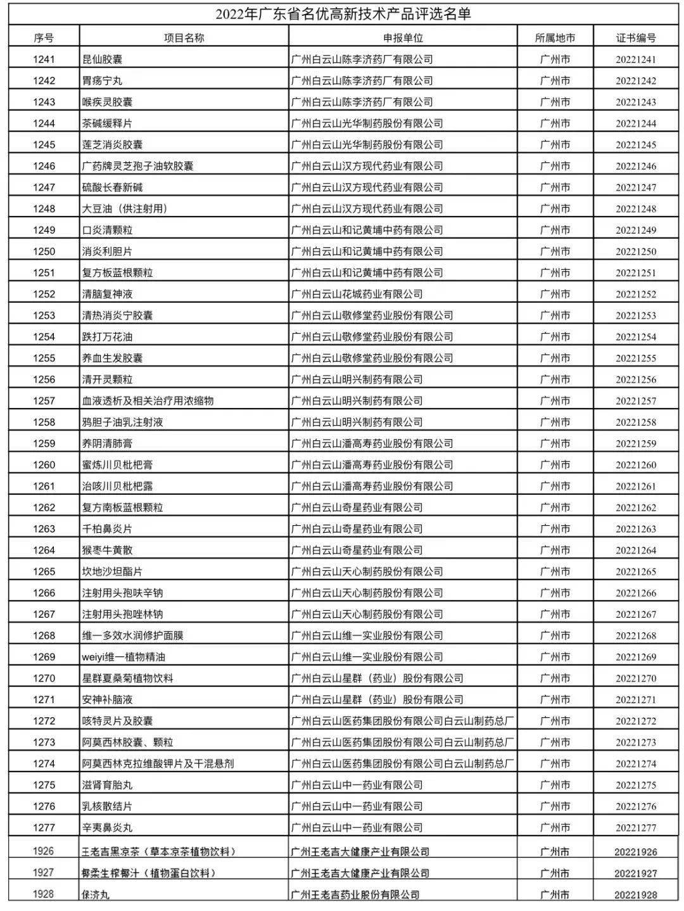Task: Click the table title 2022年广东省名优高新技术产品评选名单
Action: (x=343, y=13)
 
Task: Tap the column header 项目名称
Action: (x=184, y=38)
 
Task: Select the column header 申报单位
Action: (x=403, y=38)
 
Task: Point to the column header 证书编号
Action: (x=636, y=38)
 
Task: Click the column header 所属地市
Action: (x=555, y=38)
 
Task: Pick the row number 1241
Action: (x=44, y=60)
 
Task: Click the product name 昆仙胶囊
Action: (x=103, y=60)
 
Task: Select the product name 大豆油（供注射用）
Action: (x=125, y=208)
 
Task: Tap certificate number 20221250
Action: (x=636, y=252)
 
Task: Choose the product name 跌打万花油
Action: (x=108, y=336)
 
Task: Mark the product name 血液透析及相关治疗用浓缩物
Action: (x=148, y=400)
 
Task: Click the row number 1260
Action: (x=44, y=464)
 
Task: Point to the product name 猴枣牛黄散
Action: (x=108, y=550)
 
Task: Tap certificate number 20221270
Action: (x=636, y=678)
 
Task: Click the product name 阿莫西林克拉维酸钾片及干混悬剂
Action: (x=158, y=763)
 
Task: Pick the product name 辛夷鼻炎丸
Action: (x=108, y=827)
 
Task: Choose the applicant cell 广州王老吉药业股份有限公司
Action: (x=355, y=895)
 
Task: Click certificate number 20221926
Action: (x=636, y=852)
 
